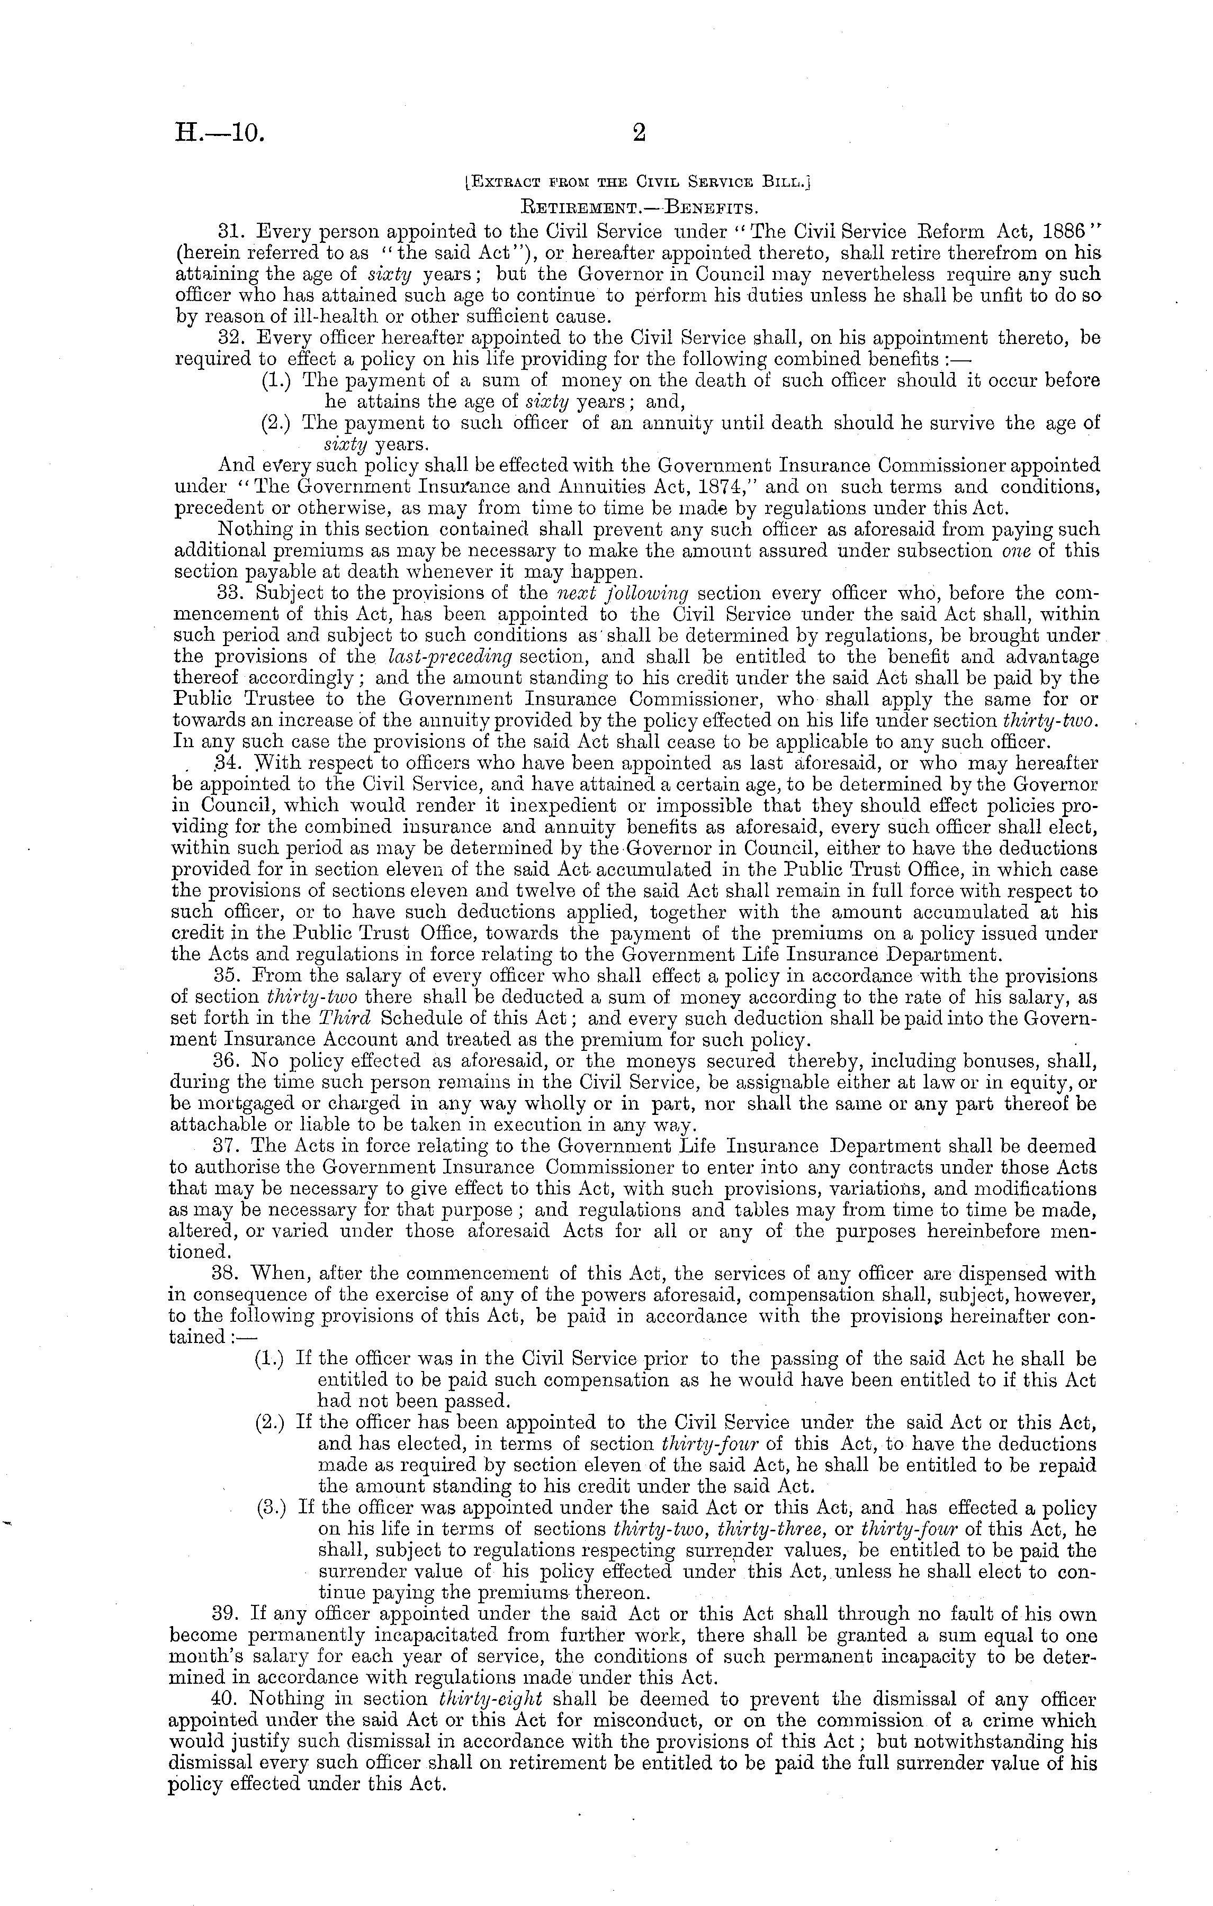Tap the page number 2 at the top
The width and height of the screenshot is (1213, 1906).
pos(640,134)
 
